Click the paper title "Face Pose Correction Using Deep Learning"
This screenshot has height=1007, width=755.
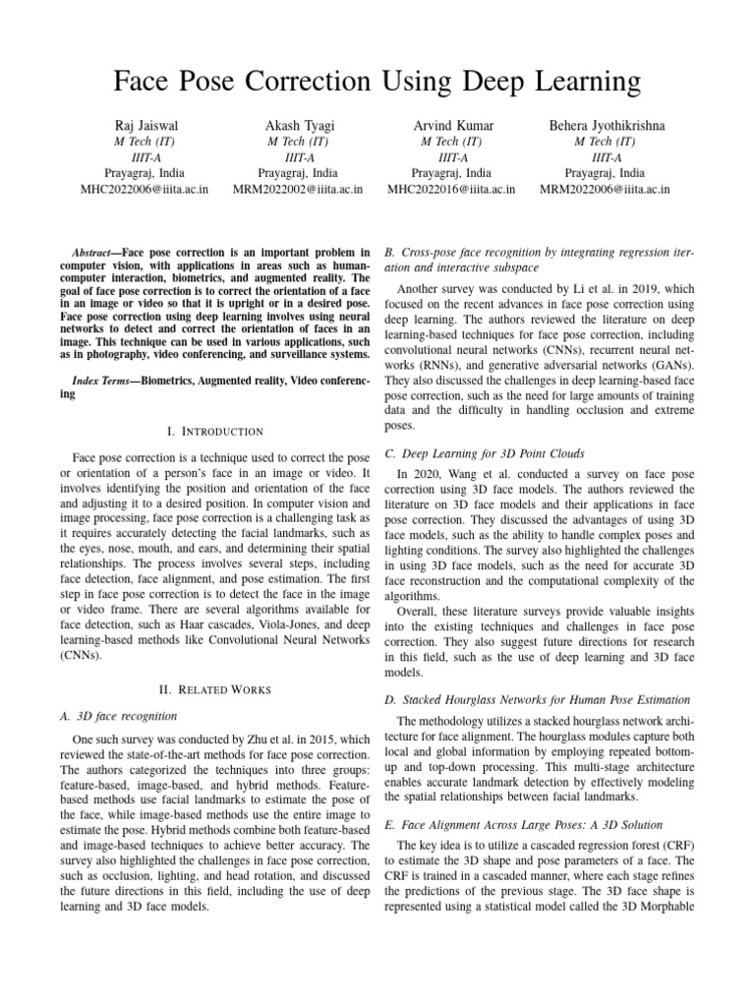[x=377, y=79]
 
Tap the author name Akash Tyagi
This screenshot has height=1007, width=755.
[x=299, y=125]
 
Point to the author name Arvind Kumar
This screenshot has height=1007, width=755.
[x=453, y=125]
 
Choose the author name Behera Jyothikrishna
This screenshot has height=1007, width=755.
[x=605, y=125]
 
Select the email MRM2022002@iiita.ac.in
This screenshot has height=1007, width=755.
[x=299, y=189]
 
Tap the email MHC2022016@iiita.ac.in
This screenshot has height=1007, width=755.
[x=453, y=189]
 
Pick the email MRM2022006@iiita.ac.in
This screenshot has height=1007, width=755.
[x=605, y=189]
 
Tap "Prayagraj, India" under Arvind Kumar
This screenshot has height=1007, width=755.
[x=453, y=172]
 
